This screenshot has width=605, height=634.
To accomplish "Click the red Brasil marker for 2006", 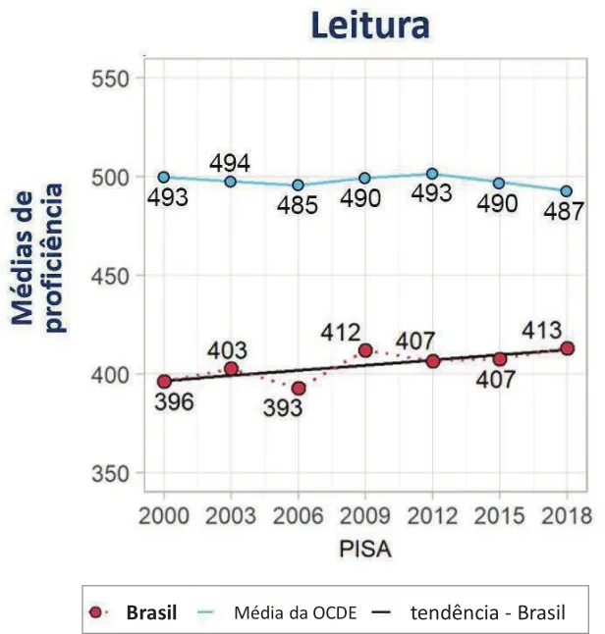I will point(299,389).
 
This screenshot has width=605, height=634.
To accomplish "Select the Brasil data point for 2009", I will point(365,350).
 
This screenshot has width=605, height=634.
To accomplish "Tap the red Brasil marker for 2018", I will point(567,348).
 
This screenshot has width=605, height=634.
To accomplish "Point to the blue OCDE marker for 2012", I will point(432,174).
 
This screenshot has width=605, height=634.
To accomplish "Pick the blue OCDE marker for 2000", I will point(164,178).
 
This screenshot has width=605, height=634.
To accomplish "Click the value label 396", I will point(174,402).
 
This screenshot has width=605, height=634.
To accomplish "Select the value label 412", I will point(341,334).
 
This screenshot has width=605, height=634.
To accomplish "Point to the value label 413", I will point(541,330).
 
